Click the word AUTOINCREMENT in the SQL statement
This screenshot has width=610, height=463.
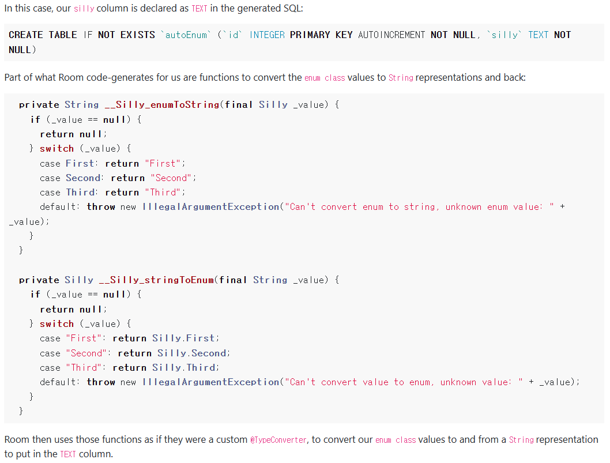click(391, 35)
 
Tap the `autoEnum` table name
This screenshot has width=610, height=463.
click(186, 35)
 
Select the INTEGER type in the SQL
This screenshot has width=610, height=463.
click(267, 35)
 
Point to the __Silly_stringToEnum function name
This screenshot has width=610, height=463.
click(157, 280)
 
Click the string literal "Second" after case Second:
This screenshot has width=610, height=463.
click(174, 178)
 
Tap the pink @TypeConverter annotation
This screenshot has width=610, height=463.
click(278, 439)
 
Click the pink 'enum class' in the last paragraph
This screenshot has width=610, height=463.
click(396, 439)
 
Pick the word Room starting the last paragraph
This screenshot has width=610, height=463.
click(17, 439)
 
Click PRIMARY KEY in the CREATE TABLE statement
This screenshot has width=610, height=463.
click(321, 35)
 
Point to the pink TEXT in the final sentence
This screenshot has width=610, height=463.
click(67, 454)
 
